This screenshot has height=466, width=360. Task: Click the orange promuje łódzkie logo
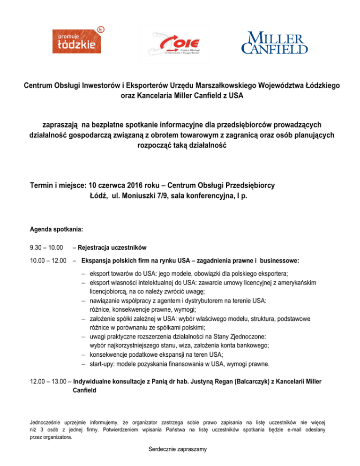pyautogui.click(x=78, y=41)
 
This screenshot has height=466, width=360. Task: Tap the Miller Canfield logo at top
pyautogui.click(x=274, y=43)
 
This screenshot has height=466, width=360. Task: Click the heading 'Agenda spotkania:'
pyautogui.click(x=57, y=230)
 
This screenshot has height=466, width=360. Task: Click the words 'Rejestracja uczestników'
pyautogui.click(x=112, y=247)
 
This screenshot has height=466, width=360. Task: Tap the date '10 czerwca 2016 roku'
pyautogui.click(x=121, y=185)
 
